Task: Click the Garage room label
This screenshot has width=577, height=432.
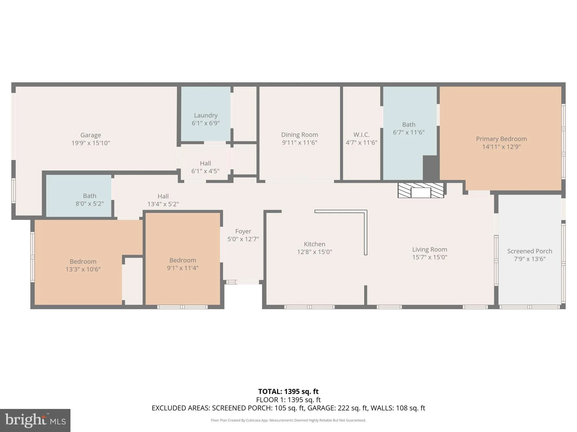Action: point(91,135)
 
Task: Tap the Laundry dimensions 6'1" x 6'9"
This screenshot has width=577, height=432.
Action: point(206,123)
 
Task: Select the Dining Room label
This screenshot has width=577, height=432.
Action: point(299,135)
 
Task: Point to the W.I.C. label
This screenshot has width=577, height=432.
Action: point(361,135)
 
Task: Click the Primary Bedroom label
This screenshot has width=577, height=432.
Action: point(501,139)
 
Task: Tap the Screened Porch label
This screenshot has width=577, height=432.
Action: point(530,251)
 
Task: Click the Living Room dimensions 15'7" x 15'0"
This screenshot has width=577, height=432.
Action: point(430,257)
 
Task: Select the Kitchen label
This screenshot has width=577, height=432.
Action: point(314,244)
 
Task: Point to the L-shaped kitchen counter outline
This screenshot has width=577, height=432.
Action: point(365,230)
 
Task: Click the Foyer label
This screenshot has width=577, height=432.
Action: point(243,231)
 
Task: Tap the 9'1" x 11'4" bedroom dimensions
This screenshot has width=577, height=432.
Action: point(183,268)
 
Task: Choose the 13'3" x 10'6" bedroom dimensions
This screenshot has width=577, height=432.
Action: point(83,269)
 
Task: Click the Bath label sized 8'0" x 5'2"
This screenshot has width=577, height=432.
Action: point(90,196)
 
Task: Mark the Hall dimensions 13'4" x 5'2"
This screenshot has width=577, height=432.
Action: point(163,204)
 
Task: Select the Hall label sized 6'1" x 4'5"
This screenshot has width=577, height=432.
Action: point(205,163)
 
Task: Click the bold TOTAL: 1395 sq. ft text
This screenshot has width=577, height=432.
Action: point(288,392)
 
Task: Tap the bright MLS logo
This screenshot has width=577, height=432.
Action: point(35,420)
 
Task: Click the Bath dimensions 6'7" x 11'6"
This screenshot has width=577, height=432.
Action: point(409,132)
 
